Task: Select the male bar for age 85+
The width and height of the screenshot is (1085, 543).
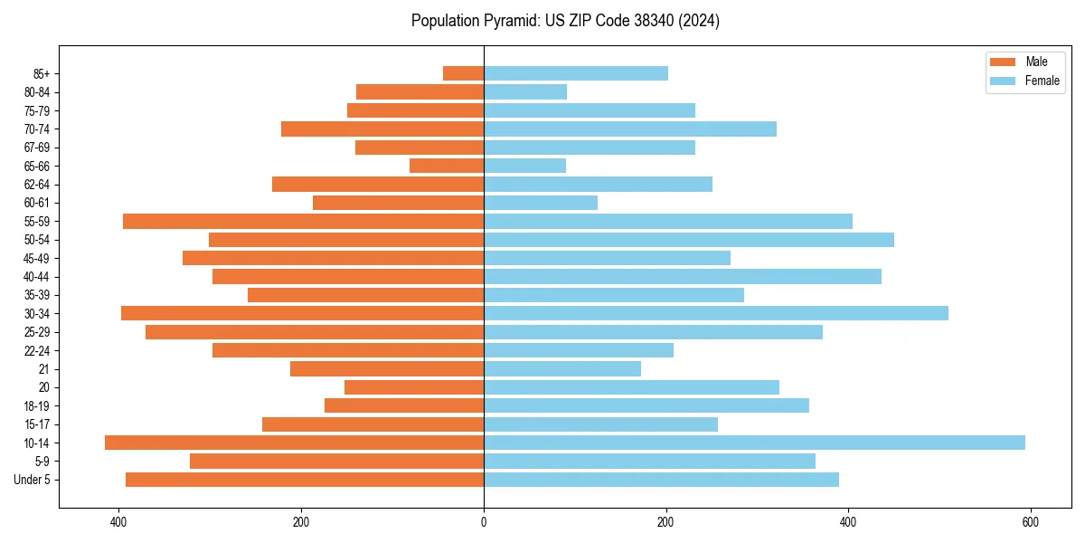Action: [463, 73]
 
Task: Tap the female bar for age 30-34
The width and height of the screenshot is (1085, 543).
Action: [716, 313]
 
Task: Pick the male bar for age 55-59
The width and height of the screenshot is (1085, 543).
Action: [303, 221]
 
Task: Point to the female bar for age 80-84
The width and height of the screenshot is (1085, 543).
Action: [525, 91]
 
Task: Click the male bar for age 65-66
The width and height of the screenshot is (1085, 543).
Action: [447, 166]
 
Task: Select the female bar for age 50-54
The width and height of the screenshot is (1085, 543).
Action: [689, 240]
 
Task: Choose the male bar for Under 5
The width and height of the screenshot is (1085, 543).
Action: [305, 480]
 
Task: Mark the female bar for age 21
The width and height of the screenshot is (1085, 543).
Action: [562, 369]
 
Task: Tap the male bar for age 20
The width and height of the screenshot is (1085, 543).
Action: [414, 387]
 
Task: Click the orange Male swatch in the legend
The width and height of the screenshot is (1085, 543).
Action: [1003, 62]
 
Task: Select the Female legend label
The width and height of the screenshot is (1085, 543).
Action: [1043, 81]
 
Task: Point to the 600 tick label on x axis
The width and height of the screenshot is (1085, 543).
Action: [1030, 522]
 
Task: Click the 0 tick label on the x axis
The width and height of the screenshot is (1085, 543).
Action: [484, 522]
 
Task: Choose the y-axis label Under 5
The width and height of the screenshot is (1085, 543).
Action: [33, 480]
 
